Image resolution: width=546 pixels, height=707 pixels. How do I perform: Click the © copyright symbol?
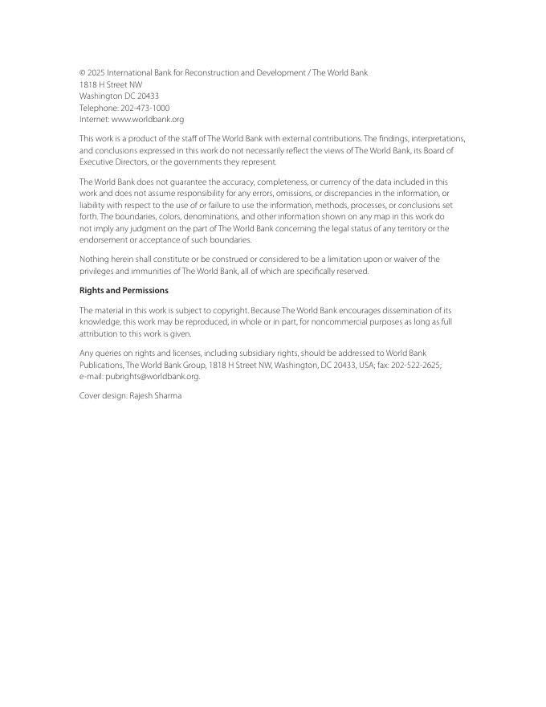point(83,73)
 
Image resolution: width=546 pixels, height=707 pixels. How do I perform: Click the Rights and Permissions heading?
point(124,291)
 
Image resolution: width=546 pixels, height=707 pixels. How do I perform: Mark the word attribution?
point(98,334)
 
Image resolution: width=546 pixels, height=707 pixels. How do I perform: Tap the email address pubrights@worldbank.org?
point(153,377)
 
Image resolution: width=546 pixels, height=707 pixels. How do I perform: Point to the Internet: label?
point(94,120)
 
